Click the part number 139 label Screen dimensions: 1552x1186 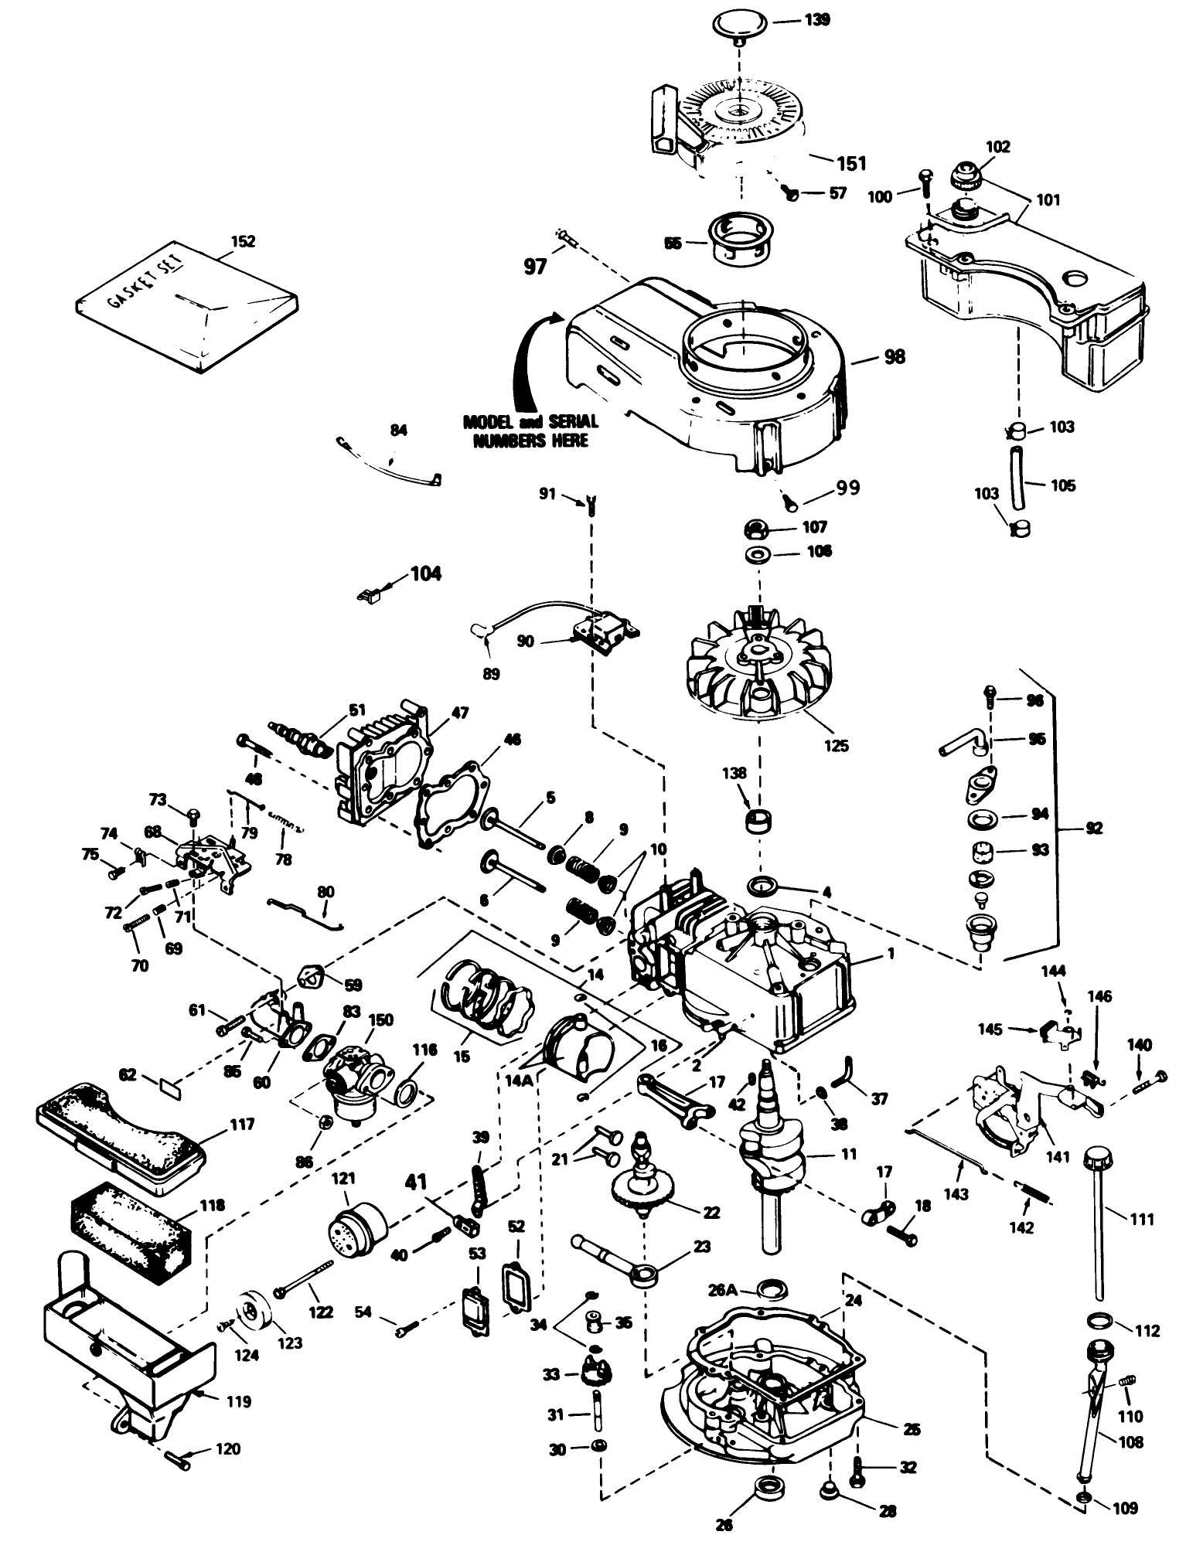(x=818, y=19)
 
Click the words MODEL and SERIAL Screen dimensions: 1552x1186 (x=530, y=422)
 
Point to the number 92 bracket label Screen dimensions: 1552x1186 (x=1092, y=828)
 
